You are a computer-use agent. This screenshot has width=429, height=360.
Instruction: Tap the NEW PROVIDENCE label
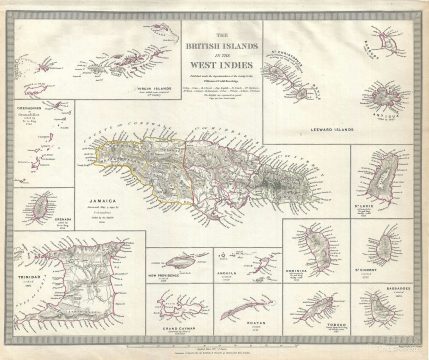coord(166,271)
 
